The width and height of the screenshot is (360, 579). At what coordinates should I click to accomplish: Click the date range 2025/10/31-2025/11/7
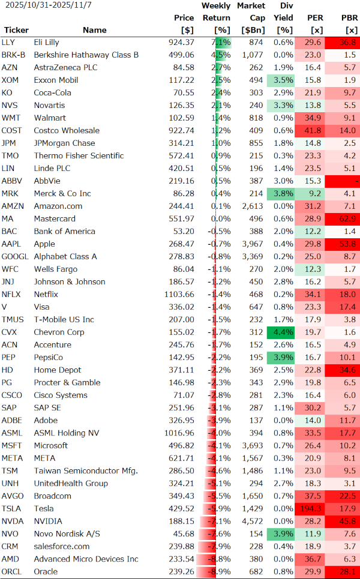tap(41, 5)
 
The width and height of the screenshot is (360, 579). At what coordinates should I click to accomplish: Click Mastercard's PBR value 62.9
tap(348, 219)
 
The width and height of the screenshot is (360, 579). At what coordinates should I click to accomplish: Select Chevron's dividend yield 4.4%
tap(283, 332)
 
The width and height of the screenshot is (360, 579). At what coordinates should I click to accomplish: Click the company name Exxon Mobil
tap(56, 80)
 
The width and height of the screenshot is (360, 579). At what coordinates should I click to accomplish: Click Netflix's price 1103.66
tap(179, 295)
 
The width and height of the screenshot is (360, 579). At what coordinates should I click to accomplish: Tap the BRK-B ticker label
tap(13, 55)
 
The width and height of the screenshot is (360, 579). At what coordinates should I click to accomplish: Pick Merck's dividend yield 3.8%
tap(283, 194)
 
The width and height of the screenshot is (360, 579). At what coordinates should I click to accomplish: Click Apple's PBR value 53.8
tap(348, 244)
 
